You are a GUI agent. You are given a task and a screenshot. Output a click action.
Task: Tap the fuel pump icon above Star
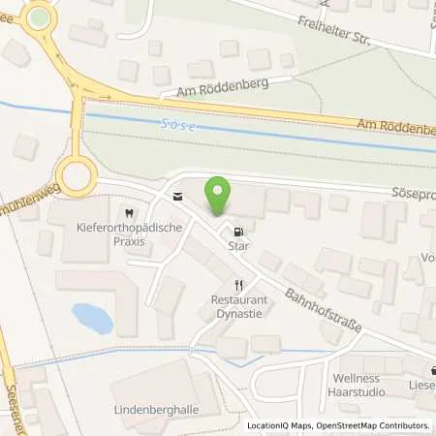click(237, 231)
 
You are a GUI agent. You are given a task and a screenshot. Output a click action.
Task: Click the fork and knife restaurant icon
click(237, 285)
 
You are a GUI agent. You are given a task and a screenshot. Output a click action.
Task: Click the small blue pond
click(92, 318)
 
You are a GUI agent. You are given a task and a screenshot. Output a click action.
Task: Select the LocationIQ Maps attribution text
click(280, 425)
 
